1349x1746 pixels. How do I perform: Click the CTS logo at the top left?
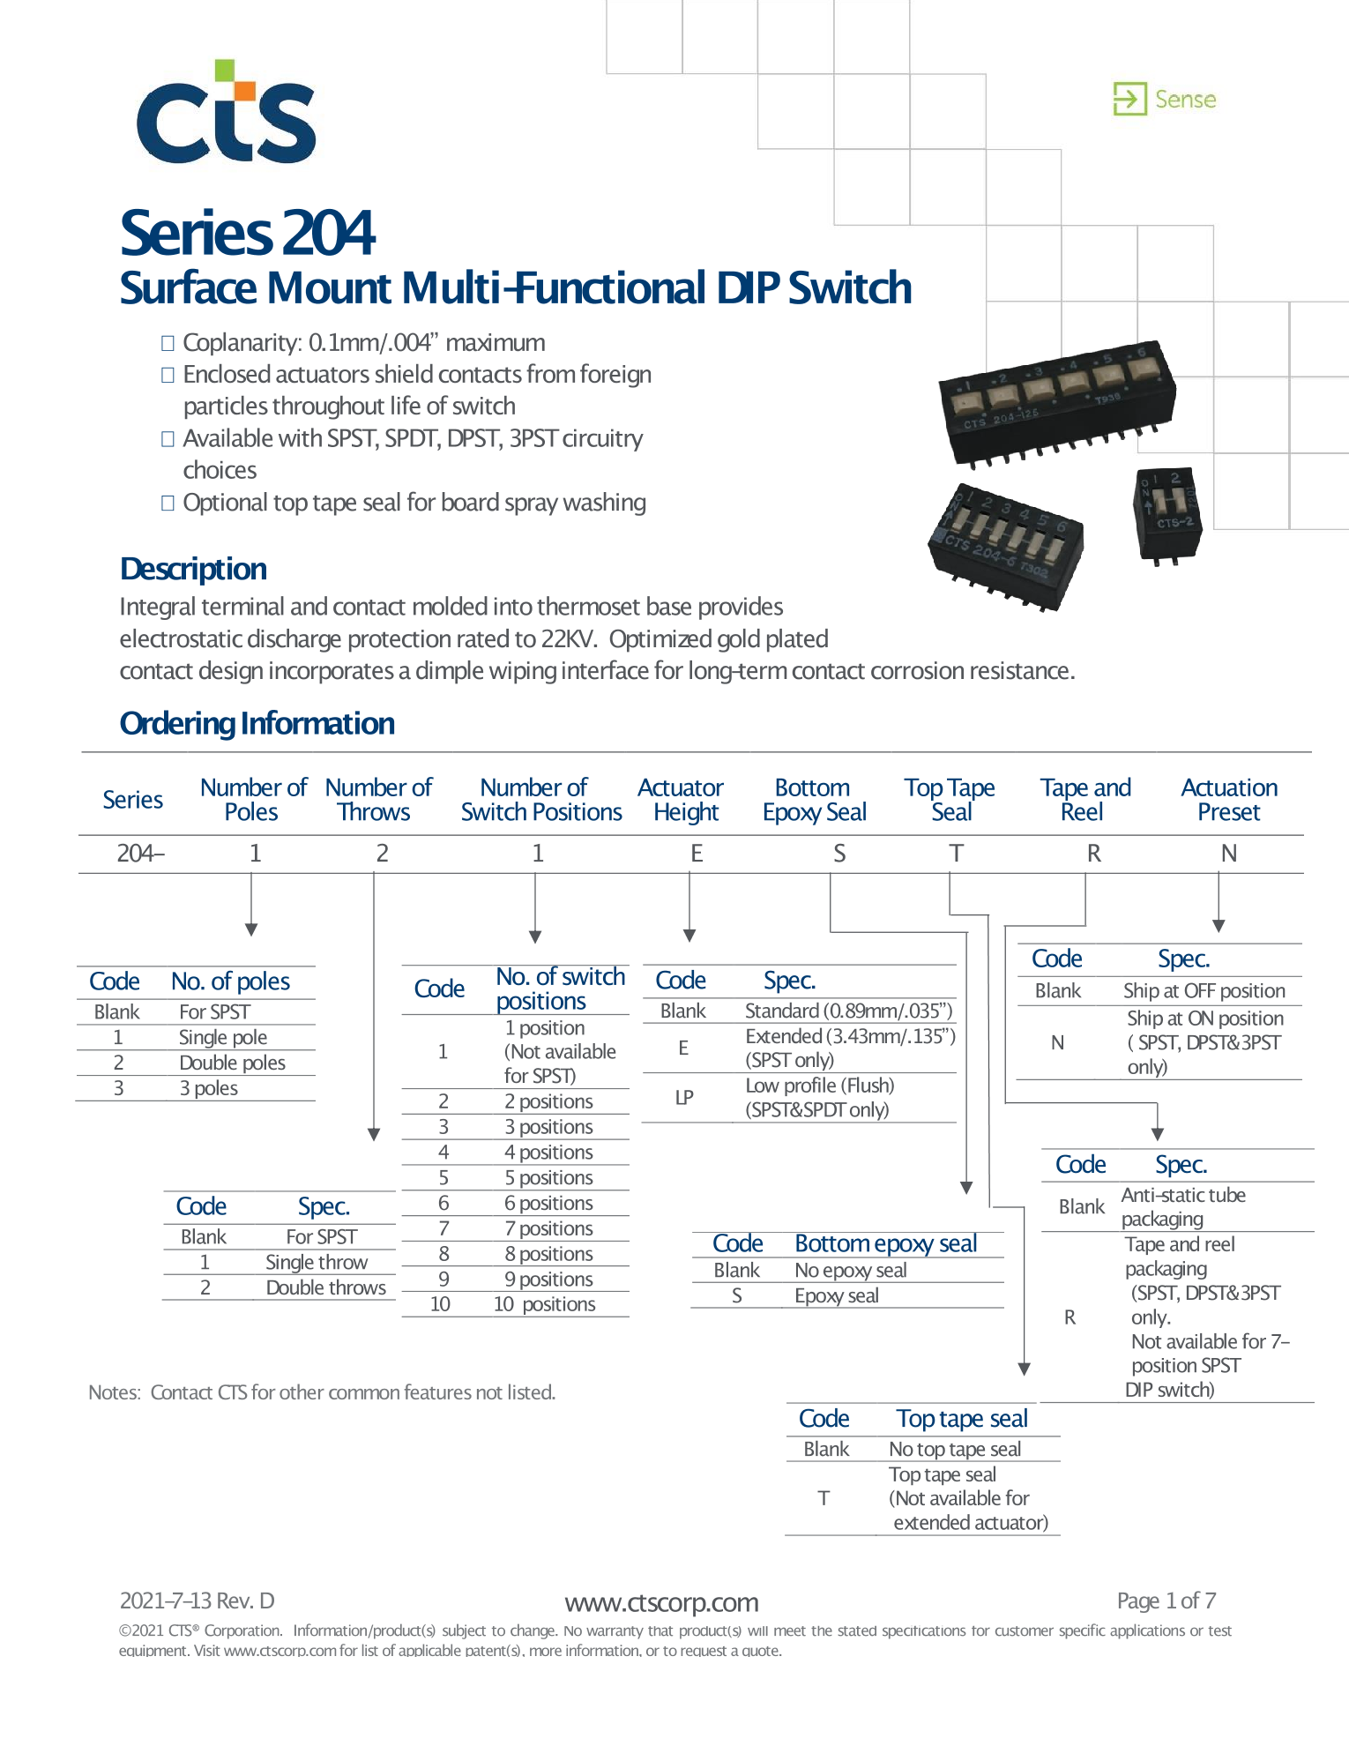(227, 112)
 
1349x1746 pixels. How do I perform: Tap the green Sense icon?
(1129, 99)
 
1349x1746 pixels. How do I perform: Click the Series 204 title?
(248, 233)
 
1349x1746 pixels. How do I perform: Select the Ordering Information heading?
(257, 723)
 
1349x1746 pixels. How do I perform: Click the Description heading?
(193, 569)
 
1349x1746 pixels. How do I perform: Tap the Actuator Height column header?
(681, 800)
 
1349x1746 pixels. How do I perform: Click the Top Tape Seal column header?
(950, 800)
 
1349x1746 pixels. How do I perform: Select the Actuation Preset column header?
(1229, 800)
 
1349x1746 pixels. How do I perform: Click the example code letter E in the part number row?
(697, 854)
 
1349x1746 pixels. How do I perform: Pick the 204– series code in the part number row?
(141, 854)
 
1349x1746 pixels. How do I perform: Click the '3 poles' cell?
(209, 1088)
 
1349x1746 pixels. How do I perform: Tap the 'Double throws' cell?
(326, 1287)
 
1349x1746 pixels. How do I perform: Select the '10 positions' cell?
(545, 1304)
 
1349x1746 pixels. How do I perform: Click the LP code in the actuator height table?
(684, 1097)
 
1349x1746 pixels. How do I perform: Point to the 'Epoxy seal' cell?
(837, 1295)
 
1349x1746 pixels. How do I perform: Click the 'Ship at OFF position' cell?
(1204, 990)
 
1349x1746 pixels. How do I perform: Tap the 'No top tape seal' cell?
(955, 1449)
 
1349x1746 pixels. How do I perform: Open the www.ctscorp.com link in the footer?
(661, 1602)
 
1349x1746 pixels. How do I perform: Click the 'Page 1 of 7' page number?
(1166, 1600)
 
